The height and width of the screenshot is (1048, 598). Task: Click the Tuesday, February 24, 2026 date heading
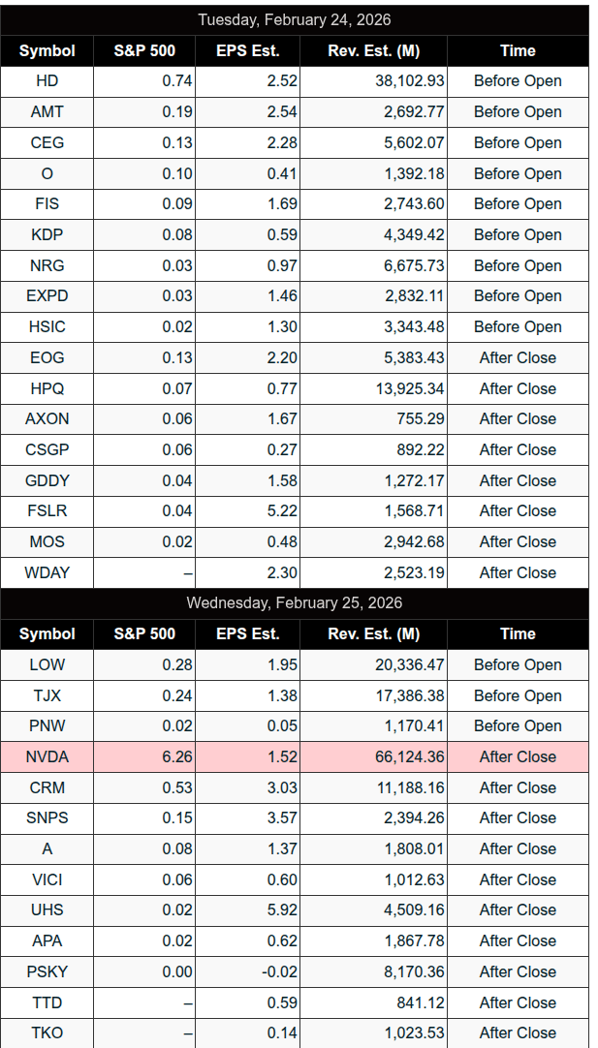coord(294,19)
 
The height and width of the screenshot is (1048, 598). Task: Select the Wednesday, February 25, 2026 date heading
coord(294,602)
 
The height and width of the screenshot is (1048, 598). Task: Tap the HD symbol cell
coord(47,81)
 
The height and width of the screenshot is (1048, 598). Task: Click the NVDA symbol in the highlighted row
coord(47,756)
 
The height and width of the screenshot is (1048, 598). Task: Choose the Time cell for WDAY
coord(518,572)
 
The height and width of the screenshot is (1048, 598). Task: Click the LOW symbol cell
coord(47,664)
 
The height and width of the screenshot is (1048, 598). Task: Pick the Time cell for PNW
coord(518,725)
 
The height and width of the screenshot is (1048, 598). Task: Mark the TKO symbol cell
coord(47,1033)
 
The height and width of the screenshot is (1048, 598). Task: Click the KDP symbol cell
coord(47,234)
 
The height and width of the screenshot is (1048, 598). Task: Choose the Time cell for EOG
coord(518,357)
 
